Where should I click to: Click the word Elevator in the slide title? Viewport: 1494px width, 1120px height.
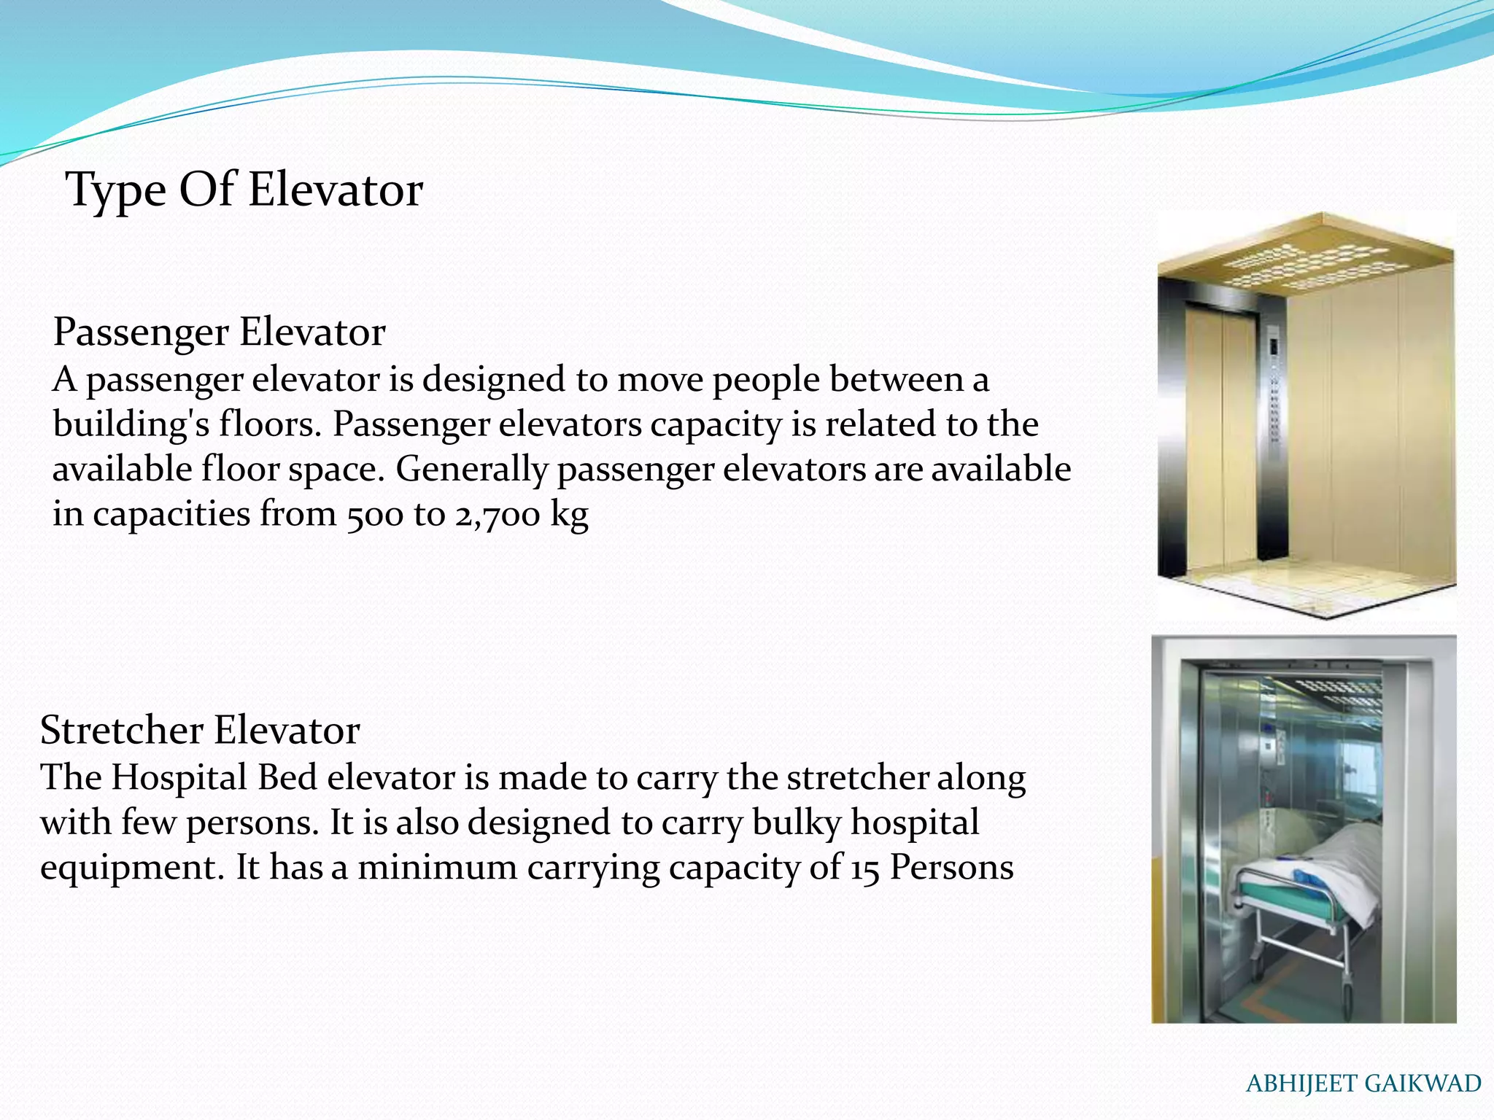[x=335, y=190]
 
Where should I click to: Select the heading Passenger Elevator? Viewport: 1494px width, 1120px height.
[x=219, y=332]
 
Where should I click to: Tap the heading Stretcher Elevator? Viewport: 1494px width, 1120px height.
[x=200, y=730]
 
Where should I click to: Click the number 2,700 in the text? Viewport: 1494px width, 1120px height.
[x=498, y=515]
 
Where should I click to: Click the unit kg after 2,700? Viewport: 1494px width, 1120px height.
[x=569, y=515]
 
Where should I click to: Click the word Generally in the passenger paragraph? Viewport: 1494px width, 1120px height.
[x=471, y=470]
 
